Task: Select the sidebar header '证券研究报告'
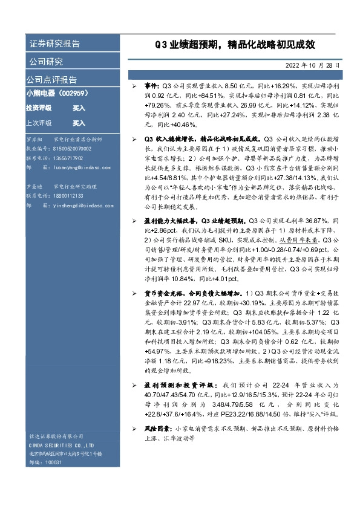coord(54,45)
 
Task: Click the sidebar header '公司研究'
coord(46,62)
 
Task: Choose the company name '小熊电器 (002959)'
coord(57,94)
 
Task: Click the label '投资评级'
coord(39,108)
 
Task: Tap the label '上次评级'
coord(39,123)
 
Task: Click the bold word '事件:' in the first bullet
coord(151,88)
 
